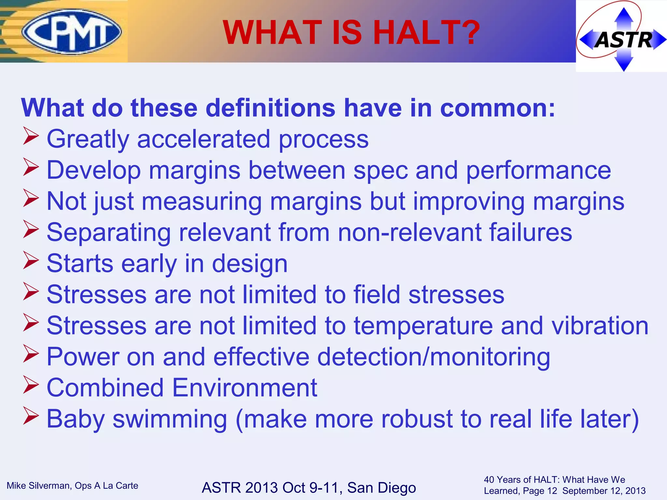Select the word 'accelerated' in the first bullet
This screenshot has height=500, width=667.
[204, 139]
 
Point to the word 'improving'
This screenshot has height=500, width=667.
[469, 201]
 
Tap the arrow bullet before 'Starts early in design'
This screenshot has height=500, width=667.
[31, 261]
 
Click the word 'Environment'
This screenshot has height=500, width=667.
[244, 388]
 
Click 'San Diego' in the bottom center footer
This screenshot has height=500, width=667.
[381, 488]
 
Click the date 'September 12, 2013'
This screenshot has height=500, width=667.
[603, 491]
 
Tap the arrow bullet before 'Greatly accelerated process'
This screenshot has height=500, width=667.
[31, 137]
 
